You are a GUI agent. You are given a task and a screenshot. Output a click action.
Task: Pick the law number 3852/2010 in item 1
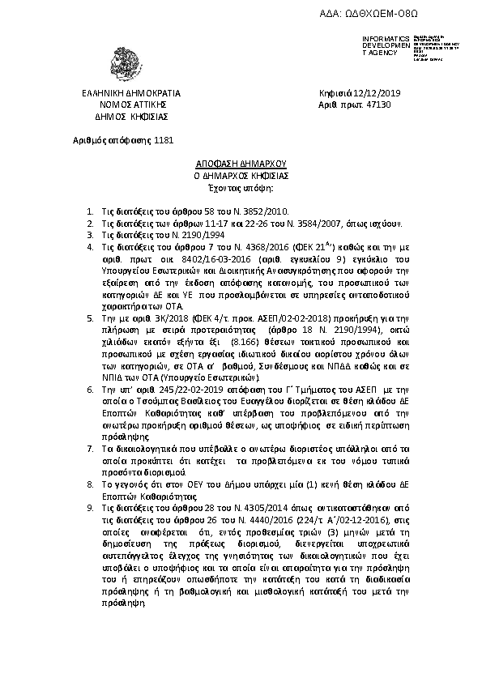click(233, 210)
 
